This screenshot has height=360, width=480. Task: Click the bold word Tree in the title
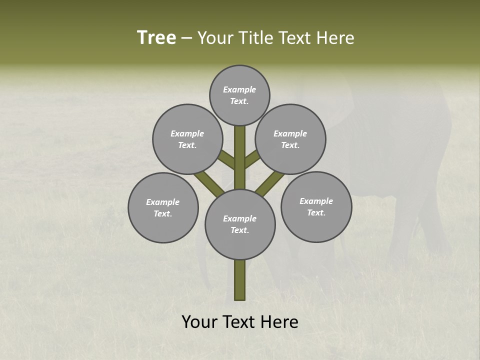[x=156, y=38]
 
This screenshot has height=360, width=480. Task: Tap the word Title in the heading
[x=252, y=38]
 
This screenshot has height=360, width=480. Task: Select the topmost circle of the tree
[x=239, y=95]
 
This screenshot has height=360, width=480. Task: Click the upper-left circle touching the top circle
[x=187, y=139]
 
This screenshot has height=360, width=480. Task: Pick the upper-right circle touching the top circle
[x=290, y=139]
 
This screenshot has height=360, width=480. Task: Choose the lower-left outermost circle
[x=163, y=207]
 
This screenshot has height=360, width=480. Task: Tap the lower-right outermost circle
[x=316, y=206]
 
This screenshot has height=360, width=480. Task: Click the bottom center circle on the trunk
[x=240, y=224]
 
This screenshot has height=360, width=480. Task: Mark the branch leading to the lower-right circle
[x=270, y=183]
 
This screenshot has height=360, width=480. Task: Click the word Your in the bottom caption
[x=199, y=322]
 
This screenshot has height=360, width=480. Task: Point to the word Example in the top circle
[x=239, y=89]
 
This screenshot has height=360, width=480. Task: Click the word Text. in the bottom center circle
[x=240, y=230]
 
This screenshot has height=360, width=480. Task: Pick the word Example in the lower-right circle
[x=316, y=201]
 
